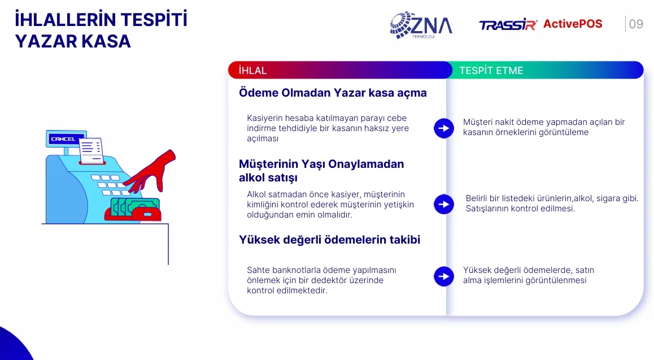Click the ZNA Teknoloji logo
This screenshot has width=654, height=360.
pyautogui.click(x=421, y=25)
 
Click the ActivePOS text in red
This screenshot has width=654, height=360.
pyautogui.click(x=573, y=24)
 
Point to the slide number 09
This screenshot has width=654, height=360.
pyautogui.click(x=636, y=24)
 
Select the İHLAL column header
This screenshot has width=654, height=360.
pyautogui.click(x=253, y=71)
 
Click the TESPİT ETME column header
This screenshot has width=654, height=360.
pyautogui.click(x=491, y=71)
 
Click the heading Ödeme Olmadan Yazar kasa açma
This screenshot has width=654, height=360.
pyautogui.click(x=333, y=93)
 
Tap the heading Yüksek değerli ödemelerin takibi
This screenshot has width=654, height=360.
pyautogui.click(x=329, y=240)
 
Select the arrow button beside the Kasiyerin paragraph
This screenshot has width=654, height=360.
pyautogui.click(x=444, y=128)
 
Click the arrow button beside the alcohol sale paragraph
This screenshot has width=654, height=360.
pyautogui.click(x=444, y=205)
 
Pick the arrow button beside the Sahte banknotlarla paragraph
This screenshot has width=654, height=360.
pyautogui.click(x=444, y=276)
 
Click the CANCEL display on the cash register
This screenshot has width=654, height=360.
pyautogui.click(x=63, y=139)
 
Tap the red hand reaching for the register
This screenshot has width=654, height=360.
pyautogui.click(x=152, y=171)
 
